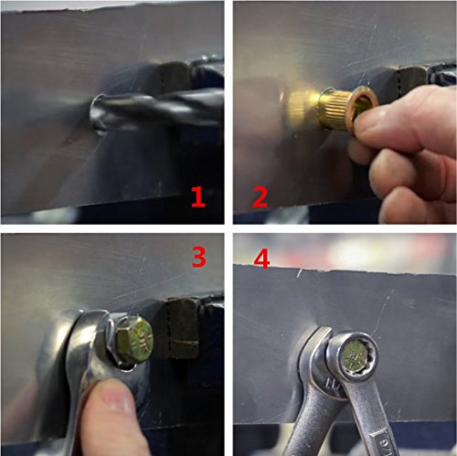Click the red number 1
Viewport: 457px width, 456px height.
pyautogui.click(x=198, y=197)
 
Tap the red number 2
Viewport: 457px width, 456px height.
pyautogui.click(x=260, y=197)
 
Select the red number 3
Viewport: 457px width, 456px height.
pyautogui.click(x=199, y=257)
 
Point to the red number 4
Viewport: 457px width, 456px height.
pyautogui.click(x=261, y=260)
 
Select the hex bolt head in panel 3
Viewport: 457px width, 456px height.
pyautogui.click(x=134, y=337)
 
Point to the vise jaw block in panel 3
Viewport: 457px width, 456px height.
pyautogui.click(x=181, y=328)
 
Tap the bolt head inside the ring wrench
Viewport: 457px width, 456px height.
pyautogui.click(x=354, y=355)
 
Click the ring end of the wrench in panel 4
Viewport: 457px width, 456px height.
pyautogui.click(x=354, y=355)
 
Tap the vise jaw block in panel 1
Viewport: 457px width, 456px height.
pyautogui.click(x=176, y=77)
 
